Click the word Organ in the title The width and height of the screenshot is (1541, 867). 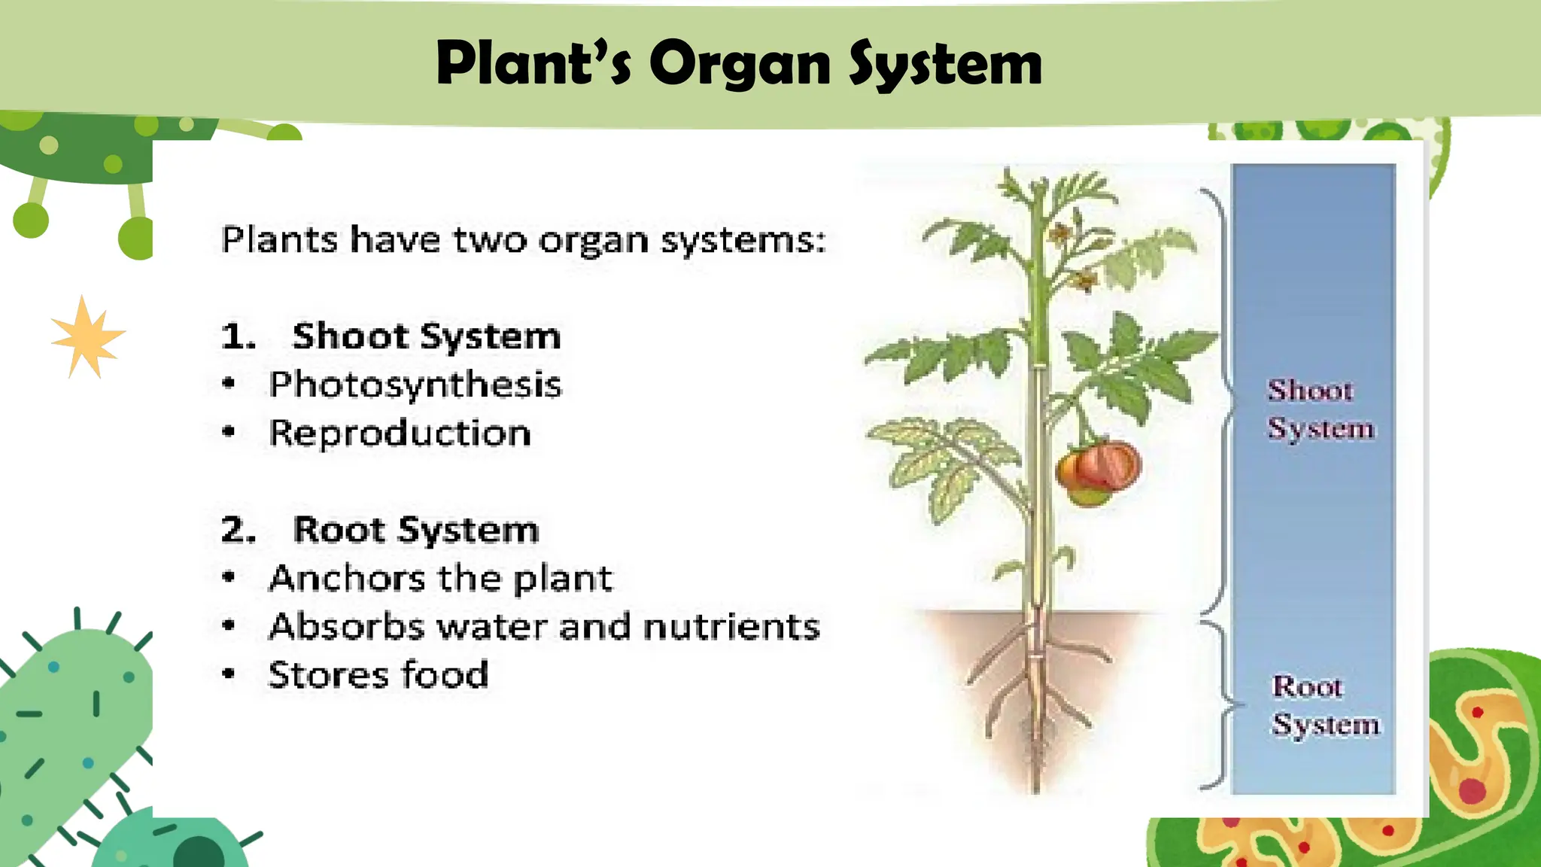pyautogui.click(x=740, y=65)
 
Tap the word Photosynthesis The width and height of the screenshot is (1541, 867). pyautogui.click(x=415, y=385)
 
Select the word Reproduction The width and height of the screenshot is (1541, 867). pyautogui.click(x=400, y=433)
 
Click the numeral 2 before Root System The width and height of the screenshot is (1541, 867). pyautogui.click(x=235, y=530)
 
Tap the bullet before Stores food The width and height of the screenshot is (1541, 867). pyautogui.click(x=229, y=674)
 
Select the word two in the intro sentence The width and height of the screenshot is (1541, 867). pyautogui.click(x=490, y=241)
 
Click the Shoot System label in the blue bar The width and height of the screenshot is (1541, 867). pyautogui.click(x=1320, y=409)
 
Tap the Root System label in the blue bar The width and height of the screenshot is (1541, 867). pyautogui.click(x=1324, y=705)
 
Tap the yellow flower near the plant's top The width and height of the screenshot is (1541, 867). pyautogui.click(x=1084, y=281)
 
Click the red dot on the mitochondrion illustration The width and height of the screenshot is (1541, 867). pyautogui.click(x=1472, y=790)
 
